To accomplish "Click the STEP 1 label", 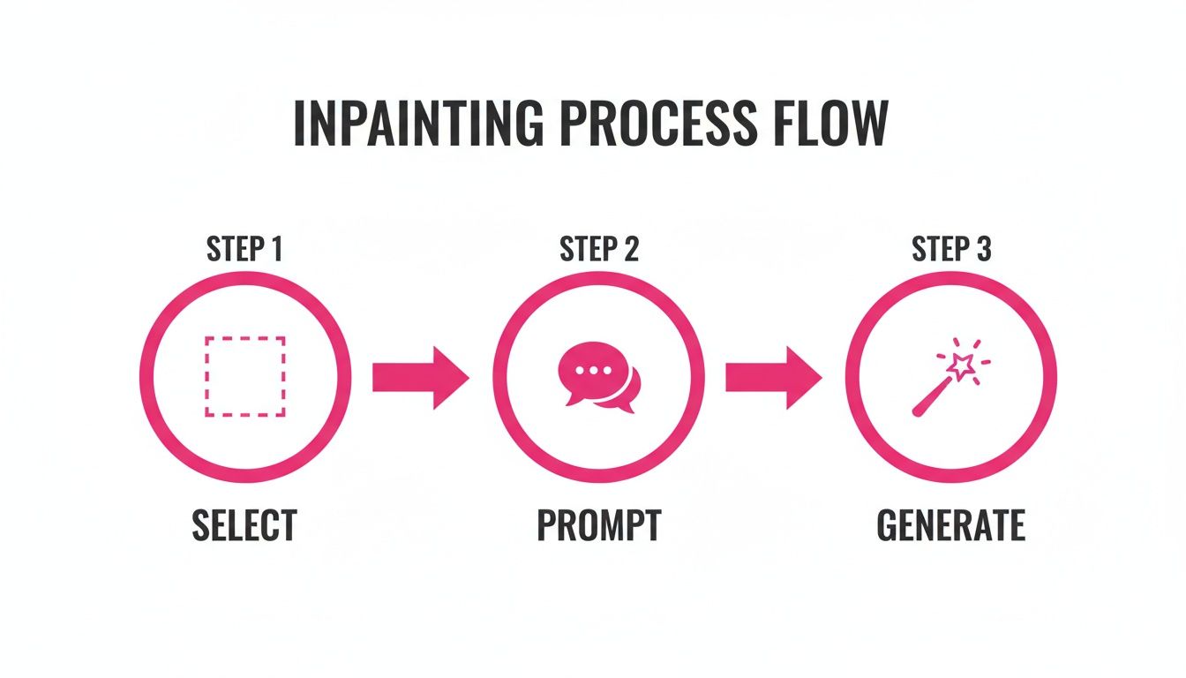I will pyautogui.click(x=244, y=250).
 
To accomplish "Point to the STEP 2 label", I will pyautogui.click(x=598, y=250).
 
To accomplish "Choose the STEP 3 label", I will pyautogui.click(x=951, y=250).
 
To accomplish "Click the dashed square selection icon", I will pyautogui.click(x=244, y=376).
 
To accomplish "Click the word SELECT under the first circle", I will pyautogui.click(x=244, y=524).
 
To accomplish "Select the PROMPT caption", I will pyautogui.click(x=598, y=524).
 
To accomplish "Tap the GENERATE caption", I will pyautogui.click(x=951, y=524).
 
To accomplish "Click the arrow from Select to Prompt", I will pyautogui.click(x=420, y=377).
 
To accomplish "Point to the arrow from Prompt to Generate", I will pyautogui.click(x=773, y=377).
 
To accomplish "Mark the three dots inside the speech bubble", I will pyautogui.click(x=588, y=371).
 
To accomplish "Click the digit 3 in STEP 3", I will pyautogui.click(x=983, y=250).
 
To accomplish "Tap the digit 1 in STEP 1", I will pyautogui.click(x=276, y=250).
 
